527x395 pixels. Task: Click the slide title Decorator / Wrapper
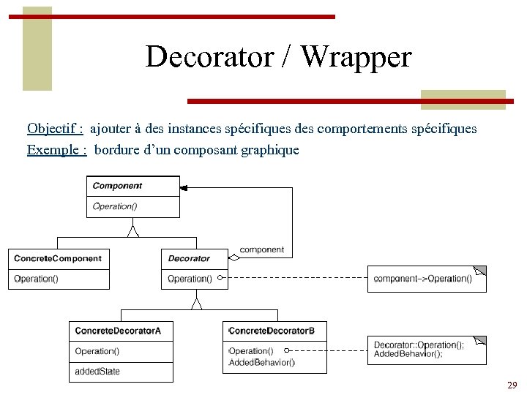coord(278,56)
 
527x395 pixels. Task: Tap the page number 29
coord(512,385)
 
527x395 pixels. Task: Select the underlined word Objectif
coord(54,129)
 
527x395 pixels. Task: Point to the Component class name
coord(117,186)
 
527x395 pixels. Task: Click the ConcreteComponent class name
coord(58,258)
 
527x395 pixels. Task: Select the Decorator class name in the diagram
coord(189,258)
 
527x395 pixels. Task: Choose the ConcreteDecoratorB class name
coord(272,331)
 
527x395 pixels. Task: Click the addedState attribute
coord(97,372)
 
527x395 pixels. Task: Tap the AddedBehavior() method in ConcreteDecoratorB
coord(262,362)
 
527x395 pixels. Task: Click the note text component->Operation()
coord(422,279)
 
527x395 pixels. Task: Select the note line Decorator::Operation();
coord(418,345)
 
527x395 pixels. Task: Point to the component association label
coord(261,249)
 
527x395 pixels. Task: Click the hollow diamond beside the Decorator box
coord(233,257)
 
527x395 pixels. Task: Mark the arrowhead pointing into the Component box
coord(184,188)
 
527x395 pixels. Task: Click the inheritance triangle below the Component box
coord(132,231)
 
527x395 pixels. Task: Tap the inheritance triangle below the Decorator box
coord(195,302)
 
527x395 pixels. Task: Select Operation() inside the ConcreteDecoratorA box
coord(97,351)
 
